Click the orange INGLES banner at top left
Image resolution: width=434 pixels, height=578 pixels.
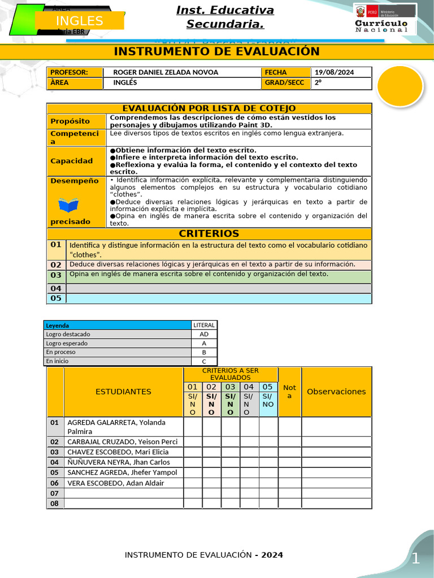(x=80, y=21)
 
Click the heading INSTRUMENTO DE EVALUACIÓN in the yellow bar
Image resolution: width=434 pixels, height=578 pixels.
(x=217, y=52)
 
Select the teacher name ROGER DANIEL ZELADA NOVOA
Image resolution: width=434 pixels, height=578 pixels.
(x=166, y=72)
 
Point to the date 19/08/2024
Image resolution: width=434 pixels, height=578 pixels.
(x=334, y=72)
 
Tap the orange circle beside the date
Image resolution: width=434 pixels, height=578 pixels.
(x=400, y=86)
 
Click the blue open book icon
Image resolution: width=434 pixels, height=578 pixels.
(x=68, y=204)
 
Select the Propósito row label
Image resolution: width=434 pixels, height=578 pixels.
(x=70, y=121)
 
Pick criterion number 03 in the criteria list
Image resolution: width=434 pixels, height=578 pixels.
(x=56, y=275)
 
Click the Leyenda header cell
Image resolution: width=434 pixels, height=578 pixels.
(x=58, y=325)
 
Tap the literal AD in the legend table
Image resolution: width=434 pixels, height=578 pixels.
(x=204, y=334)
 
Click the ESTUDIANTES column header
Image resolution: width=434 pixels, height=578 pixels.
(x=123, y=392)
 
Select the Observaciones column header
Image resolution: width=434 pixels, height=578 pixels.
(x=336, y=392)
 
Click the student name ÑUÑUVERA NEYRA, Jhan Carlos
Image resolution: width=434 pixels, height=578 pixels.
(x=118, y=462)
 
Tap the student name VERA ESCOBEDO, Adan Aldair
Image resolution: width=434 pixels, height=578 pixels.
(x=115, y=483)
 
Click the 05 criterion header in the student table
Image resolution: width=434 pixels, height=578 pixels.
(x=268, y=387)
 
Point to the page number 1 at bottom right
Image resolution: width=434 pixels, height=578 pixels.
(x=416, y=559)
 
